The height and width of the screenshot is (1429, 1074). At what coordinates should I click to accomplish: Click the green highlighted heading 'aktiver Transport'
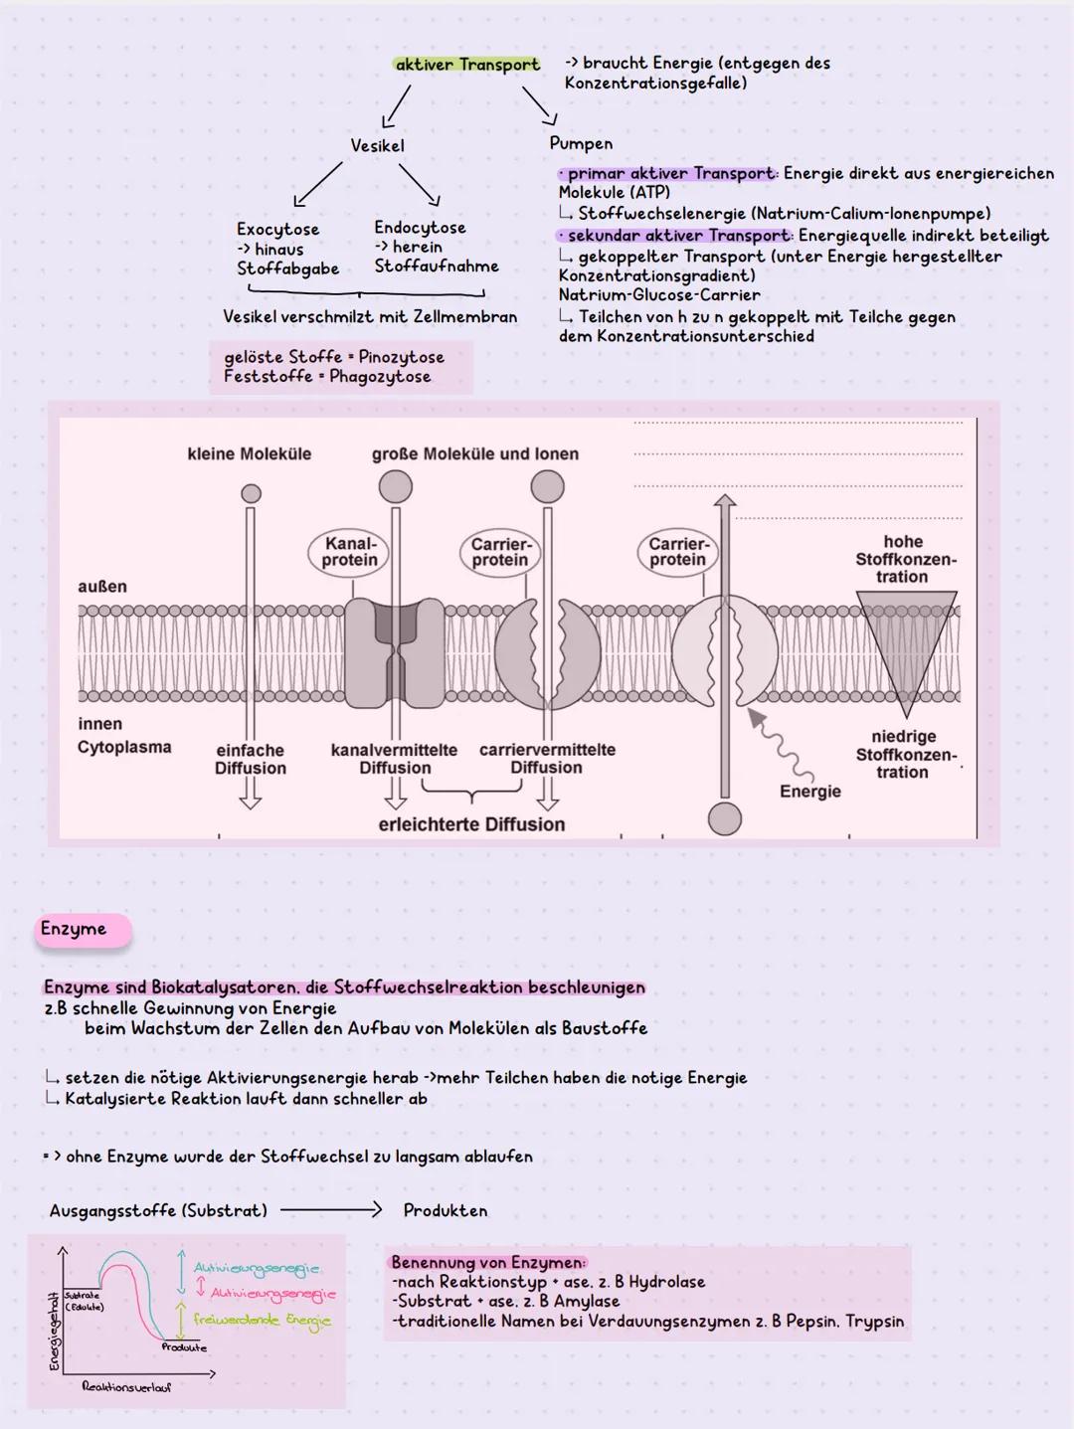(x=466, y=65)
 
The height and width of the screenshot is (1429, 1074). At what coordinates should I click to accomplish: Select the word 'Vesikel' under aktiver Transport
(x=377, y=145)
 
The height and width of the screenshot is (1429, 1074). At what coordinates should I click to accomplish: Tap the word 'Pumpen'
(x=581, y=143)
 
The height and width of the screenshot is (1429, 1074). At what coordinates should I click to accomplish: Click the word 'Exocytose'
(x=277, y=229)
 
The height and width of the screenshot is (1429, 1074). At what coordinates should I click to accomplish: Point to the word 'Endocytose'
(x=420, y=228)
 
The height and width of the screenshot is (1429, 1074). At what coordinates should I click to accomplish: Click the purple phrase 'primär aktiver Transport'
(x=670, y=173)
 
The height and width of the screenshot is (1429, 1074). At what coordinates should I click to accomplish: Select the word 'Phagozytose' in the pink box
(x=380, y=377)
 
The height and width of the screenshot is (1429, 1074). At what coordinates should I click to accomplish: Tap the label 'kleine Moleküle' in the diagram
(x=249, y=453)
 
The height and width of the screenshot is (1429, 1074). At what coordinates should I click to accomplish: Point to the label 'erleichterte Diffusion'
(x=471, y=824)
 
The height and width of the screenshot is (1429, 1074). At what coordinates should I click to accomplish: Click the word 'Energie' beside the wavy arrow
(x=810, y=792)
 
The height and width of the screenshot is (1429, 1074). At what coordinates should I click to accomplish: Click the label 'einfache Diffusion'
(x=250, y=759)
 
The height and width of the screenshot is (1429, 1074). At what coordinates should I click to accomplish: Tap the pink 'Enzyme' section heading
(x=74, y=929)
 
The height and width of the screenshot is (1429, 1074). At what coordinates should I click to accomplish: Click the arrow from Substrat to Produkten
(x=330, y=1210)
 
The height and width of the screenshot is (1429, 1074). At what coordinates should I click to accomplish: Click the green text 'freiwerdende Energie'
(x=262, y=1321)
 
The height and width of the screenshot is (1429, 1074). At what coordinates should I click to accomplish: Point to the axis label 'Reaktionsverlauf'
(x=126, y=1386)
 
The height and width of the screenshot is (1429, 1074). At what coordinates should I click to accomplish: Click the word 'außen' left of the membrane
(x=102, y=587)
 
